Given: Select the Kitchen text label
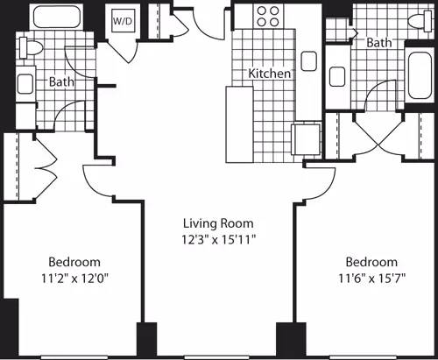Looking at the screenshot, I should pyautogui.click(x=270, y=74).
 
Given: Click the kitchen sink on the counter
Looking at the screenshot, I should pyautogui.click(x=307, y=60).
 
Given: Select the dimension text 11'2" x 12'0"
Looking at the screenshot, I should pyautogui.click(x=74, y=278).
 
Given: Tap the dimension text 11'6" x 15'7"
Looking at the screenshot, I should pyautogui.click(x=371, y=278).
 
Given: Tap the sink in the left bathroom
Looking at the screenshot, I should pyautogui.click(x=26, y=84).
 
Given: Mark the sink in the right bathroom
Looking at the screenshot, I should pyautogui.click(x=337, y=80).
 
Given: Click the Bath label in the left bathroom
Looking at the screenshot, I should pyautogui.click(x=61, y=82).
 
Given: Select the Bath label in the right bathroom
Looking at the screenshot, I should pyautogui.click(x=378, y=42).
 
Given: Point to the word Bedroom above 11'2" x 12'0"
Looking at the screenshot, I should pyautogui.click(x=74, y=262).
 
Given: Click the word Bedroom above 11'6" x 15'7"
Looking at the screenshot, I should pyautogui.click(x=371, y=262).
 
